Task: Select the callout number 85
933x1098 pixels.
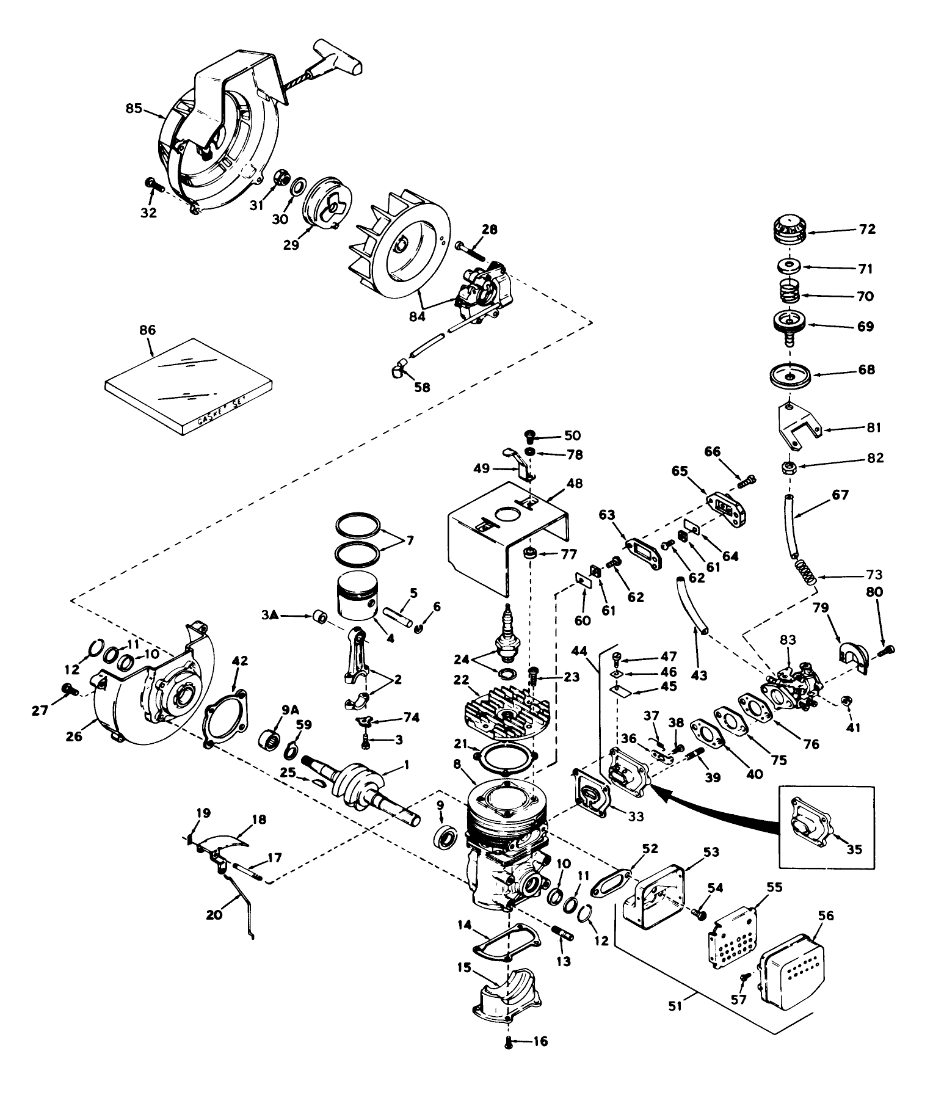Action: tap(133, 109)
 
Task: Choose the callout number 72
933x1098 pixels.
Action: tap(866, 229)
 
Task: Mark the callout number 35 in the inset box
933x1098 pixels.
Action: tap(854, 849)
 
